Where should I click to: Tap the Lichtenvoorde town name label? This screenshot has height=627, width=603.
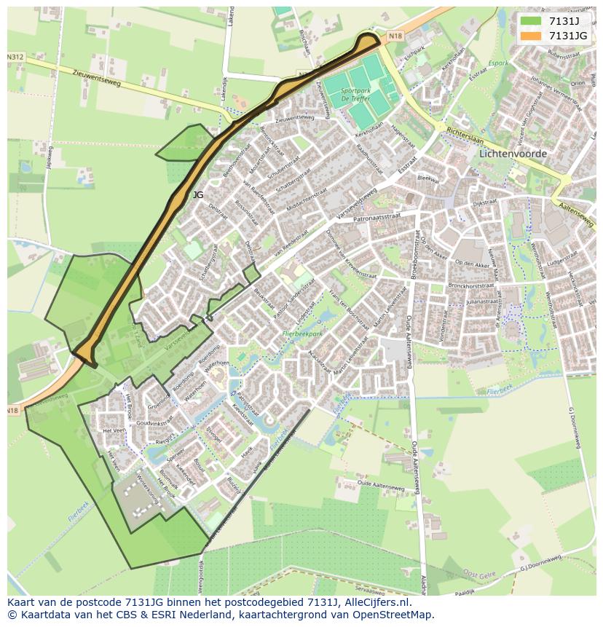(513, 154)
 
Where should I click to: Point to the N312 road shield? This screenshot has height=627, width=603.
(15, 57)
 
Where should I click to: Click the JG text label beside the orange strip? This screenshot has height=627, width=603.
(198, 195)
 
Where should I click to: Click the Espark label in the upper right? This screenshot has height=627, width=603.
(500, 63)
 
